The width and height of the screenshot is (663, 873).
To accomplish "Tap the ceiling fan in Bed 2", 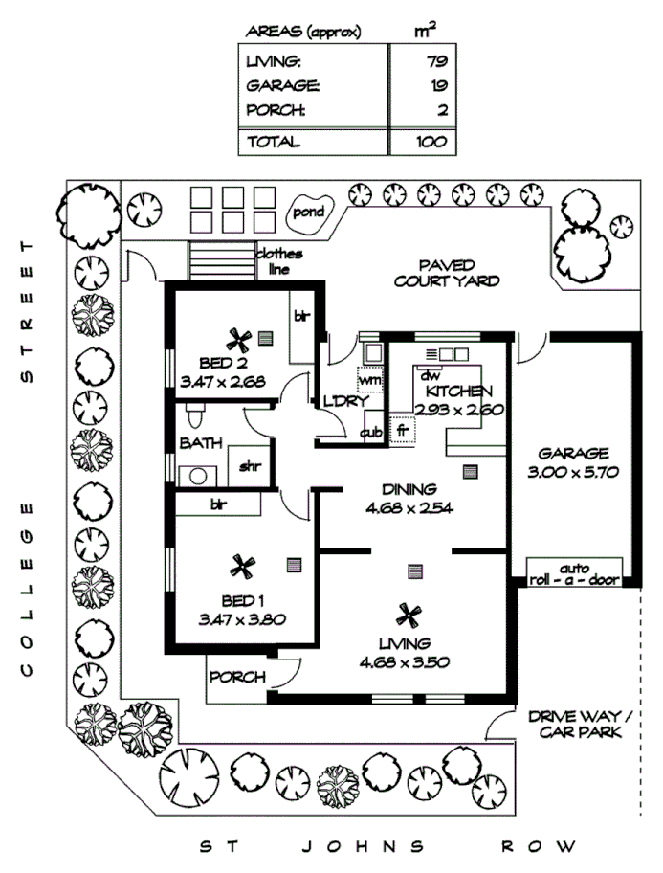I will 238,339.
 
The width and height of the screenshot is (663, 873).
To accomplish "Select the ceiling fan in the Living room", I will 410,613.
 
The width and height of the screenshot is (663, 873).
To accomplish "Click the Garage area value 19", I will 439,85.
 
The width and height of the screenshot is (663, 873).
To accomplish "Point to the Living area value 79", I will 439,62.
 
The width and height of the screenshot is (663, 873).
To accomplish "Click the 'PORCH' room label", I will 237,677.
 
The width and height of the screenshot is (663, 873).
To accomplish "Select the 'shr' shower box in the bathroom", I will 250,467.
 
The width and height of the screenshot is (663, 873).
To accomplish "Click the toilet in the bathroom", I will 195,416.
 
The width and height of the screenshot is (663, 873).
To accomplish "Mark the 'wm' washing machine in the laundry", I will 368,379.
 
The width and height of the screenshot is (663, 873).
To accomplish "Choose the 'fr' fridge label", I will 402,431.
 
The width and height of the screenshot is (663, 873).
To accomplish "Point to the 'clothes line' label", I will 279,261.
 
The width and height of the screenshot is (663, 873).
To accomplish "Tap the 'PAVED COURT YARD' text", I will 446,273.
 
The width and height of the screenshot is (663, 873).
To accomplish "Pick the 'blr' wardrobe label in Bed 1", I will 219,503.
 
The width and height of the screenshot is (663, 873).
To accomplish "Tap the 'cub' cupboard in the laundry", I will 371,433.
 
